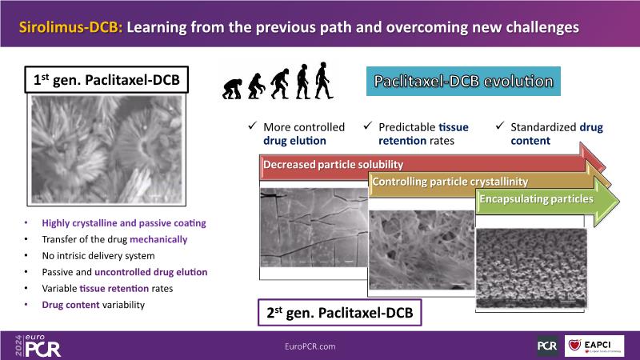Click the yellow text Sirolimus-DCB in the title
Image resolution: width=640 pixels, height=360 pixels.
(70, 27)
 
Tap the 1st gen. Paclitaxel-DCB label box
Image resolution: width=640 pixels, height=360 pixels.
(106, 79)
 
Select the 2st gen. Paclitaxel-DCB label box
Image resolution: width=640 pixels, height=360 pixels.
(339, 313)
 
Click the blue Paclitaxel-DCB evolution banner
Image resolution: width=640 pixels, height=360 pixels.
(463, 82)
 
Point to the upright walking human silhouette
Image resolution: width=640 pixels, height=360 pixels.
(324, 81)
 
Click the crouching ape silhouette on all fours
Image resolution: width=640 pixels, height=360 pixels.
(232, 89)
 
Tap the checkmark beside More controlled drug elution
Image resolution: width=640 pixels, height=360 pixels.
(253, 126)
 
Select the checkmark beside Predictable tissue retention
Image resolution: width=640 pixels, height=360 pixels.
(368, 126)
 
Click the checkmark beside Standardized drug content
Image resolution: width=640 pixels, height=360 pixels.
(500, 126)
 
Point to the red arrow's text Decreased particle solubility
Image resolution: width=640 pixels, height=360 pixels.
(333, 165)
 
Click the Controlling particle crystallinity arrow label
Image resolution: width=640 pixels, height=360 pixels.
(450, 182)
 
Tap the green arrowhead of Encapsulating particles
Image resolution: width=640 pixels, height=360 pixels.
(607, 201)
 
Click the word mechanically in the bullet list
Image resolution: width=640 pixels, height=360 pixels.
(158, 239)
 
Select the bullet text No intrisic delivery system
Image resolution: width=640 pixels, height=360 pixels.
(98, 256)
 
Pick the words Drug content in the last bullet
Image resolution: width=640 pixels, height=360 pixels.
(70, 305)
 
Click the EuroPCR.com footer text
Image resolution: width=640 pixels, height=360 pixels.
(310, 346)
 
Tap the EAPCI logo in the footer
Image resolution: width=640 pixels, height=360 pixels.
(594, 346)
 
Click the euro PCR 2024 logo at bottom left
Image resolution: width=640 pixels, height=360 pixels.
(38, 346)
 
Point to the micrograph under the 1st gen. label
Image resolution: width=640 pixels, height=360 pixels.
(107, 150)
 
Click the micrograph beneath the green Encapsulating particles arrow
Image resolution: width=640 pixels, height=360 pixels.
(531, 268)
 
